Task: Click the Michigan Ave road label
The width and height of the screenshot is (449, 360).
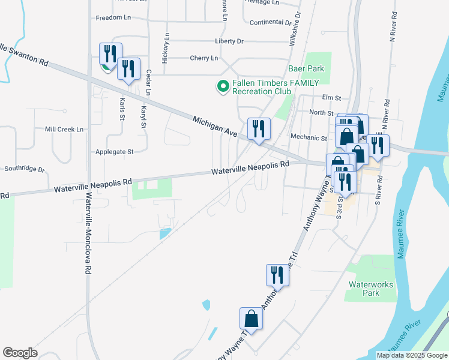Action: click(x=213, y=126)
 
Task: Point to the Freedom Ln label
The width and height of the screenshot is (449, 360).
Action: click(x=113, y=18)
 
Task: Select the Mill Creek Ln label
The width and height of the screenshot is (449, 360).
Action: click(x=64, y=129)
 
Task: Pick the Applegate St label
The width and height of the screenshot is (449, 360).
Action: click(x=114, y=152)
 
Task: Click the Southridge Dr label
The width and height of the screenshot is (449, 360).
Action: click(x=25, y=169)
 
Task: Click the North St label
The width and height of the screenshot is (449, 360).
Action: click(x=321, y=113)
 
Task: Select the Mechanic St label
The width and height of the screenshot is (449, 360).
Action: click(x=309, y=137)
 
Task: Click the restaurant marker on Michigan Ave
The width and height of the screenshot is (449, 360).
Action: click(x=259, y=128)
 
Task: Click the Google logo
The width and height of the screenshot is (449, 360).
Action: click(x=20, y=353)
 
